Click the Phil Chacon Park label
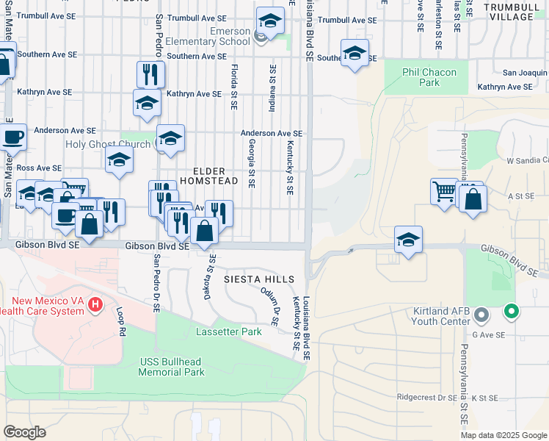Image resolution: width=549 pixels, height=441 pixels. click(429, 77)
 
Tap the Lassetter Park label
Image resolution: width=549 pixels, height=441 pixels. click(229, 332)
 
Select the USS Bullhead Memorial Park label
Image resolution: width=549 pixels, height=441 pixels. click(172, 367)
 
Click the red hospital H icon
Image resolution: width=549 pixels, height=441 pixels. click(94, 304)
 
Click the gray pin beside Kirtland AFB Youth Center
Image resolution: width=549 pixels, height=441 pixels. click(481, 316)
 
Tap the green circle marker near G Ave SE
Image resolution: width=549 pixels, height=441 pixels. click(512, 312)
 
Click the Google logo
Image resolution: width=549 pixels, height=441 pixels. click(24, 431)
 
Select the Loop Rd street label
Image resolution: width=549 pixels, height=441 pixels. click(120, 321)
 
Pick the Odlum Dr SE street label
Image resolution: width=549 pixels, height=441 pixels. click(270, 306)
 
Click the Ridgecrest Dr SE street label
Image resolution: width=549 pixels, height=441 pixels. click(426, 398)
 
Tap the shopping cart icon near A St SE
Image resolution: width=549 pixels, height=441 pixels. click(444, 191)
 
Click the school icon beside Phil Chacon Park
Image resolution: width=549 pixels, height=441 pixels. click(355, 54)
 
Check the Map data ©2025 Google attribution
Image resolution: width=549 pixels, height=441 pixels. click(503, 435)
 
